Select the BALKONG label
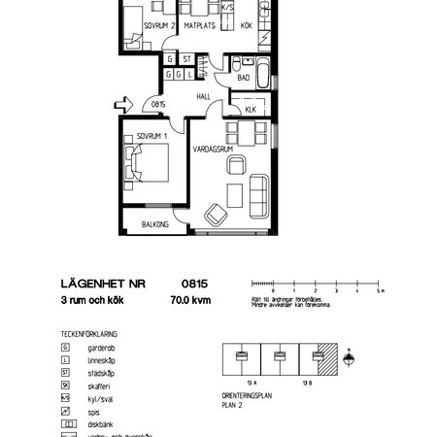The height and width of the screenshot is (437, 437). coord(155,224)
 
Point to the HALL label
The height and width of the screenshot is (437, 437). coord(204,97)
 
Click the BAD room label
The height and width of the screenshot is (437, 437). coord(244,77)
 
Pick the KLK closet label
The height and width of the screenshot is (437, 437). coord(250,110)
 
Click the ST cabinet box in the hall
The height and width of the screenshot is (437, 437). coord(185,58)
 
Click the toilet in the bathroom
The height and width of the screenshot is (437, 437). coord(237,65)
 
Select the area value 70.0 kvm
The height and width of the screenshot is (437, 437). coord(188,302)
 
